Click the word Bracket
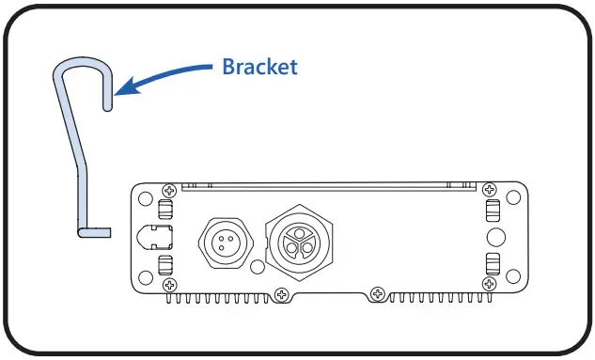click(259, 68)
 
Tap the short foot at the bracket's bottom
click(91, 230)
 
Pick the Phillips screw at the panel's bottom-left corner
click(169, 284)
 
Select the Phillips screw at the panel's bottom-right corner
click(490, 284)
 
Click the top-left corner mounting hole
click(145, 199)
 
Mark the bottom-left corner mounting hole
click(145, 276)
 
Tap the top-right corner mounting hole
click(513, 199)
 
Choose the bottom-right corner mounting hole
click(513, 276)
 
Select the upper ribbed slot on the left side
click(167, 211)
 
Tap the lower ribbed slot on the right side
click(491, 263)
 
